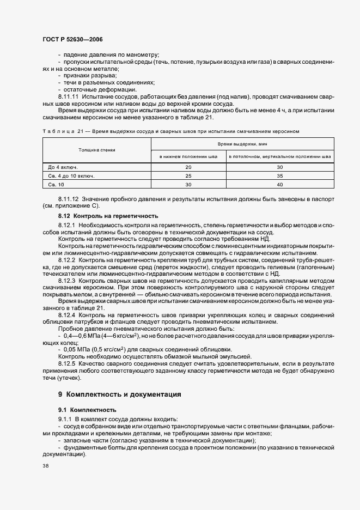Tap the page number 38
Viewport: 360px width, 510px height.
click(45, 466)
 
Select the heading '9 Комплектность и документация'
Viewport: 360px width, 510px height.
click(119, 394)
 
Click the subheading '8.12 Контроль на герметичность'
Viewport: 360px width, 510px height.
click(108, 216)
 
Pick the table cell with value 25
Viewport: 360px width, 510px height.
click(188, 176)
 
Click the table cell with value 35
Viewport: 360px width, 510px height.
click(280, 176)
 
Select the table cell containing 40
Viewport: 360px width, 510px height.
click(280, 185)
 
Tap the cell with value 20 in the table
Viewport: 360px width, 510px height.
click(188, 167)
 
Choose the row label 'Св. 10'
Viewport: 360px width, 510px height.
click(56, 185)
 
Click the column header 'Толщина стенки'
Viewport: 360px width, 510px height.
click(96, 149)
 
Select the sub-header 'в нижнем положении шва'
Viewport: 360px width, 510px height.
click(188, 156)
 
